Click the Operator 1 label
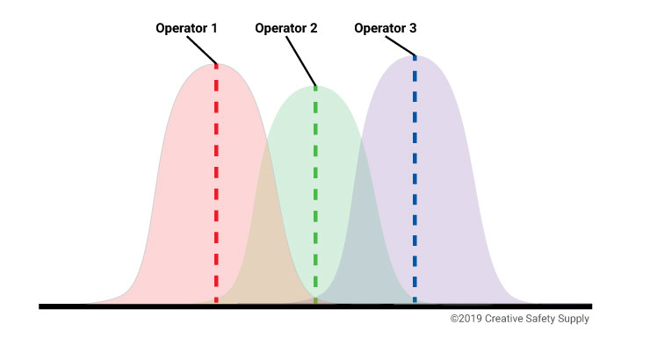pyautogui.click(x=186, y=28)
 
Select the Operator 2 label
pyautogui.click(x=285, y=28)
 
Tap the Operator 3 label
pyautogui.click(x=385, y=28)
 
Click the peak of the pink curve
pyautogui.click(x=217, y=65)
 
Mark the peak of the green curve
pyautogui.click(x=316, y=87)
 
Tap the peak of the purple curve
pyautogui.click(x=415, y=57)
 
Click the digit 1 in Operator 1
pyautogui.click(x=213, y=28)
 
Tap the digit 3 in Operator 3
pyautogui.click(x=412, y=28)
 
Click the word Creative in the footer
pyautogui.click(x=505, y=319)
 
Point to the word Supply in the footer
pyautogui.click(x=574, y=320)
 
